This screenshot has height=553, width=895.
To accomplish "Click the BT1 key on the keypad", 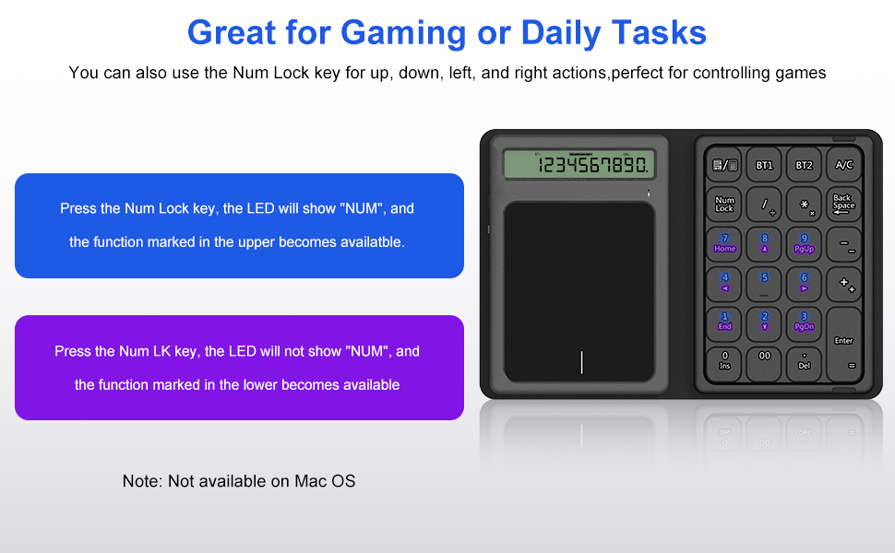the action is pyautogui.click(x=764, y=165).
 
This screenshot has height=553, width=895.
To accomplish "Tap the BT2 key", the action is pyautogui.click(x=804, y=165).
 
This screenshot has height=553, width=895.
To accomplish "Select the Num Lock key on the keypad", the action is pyautogui.click(x=724, y=204).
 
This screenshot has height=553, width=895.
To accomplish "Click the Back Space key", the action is pyautogui.click(x=843, y=204).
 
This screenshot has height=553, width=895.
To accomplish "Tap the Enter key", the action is pyautogui.click(x=843, y=345).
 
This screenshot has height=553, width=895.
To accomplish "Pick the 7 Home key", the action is pyautogui.click(x=724, y=244).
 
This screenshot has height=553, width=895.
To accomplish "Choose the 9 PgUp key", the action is pyautogui.click(x=804, y=244).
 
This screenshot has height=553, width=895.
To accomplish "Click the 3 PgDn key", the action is pyautogui.click(x=804, y=322).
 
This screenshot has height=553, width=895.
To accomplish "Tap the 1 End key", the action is pyautogui.click(x=724, y=322).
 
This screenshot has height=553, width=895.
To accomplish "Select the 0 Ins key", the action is pyautogui.click(x=724, y=361).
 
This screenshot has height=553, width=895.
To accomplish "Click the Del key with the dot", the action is pyautogui.click(x=804, y=361).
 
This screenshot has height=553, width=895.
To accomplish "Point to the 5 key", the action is pyautogui.click(x=764, y=283).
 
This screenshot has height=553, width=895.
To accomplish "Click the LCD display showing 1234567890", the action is pyautogui.click(x=579, y=165).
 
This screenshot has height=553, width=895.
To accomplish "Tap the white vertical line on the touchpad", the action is pyautogui.click(x=581, y=362).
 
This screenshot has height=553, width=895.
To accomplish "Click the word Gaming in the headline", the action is pyautogui.click(x=403, y=33).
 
